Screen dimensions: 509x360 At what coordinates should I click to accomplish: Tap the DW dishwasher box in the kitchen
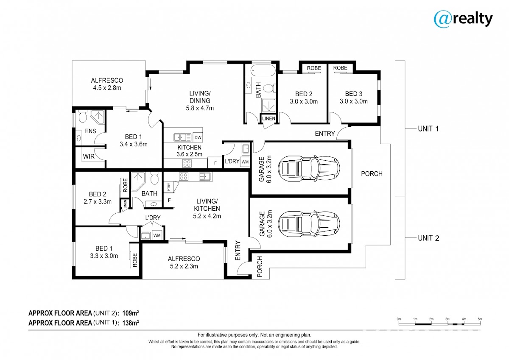tap(198, 137)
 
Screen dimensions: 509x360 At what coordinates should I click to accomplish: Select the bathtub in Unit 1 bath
tap(263, 70)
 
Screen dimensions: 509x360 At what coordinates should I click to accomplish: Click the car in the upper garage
tap(309, 168)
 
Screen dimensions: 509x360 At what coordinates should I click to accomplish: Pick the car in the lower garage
tap(309, 223)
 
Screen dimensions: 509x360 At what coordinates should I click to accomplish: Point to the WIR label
tap(89, 156)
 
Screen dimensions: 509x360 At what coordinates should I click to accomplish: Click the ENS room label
tap(90, 131)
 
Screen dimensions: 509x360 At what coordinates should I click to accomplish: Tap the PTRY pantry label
tap(169, 187)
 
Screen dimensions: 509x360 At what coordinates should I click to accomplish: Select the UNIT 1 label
tap(428, 129)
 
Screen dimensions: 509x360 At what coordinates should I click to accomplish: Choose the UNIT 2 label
tap(428, 238)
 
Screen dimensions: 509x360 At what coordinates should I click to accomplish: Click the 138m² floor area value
tap(131, 323)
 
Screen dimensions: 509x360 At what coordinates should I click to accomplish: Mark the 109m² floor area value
tap(131, 313)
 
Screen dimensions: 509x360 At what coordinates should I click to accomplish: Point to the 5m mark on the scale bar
tap(480, 319)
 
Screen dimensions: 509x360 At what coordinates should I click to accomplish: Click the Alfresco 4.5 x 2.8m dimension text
tap(107, 88)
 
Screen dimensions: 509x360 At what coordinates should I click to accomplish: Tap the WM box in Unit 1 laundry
tap(245, 162)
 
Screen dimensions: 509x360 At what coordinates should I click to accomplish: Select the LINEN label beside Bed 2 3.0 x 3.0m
tap(268, 118)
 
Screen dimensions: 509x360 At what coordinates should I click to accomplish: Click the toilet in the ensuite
tap(82, 116)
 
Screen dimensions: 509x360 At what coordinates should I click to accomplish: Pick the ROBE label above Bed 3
tap(340, 68)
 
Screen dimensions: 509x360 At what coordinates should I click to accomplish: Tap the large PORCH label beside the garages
tap(372, 174)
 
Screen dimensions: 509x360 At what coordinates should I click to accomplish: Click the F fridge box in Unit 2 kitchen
tap(169, 200)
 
